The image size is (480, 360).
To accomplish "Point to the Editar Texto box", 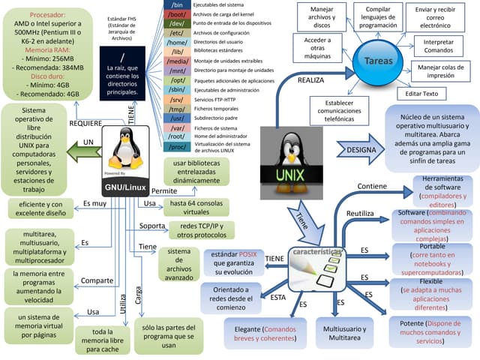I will point(421,94).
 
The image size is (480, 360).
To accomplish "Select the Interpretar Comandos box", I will point(438,46).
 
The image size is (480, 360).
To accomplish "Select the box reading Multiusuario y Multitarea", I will point(344,334).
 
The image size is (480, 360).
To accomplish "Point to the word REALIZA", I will point(310,79).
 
